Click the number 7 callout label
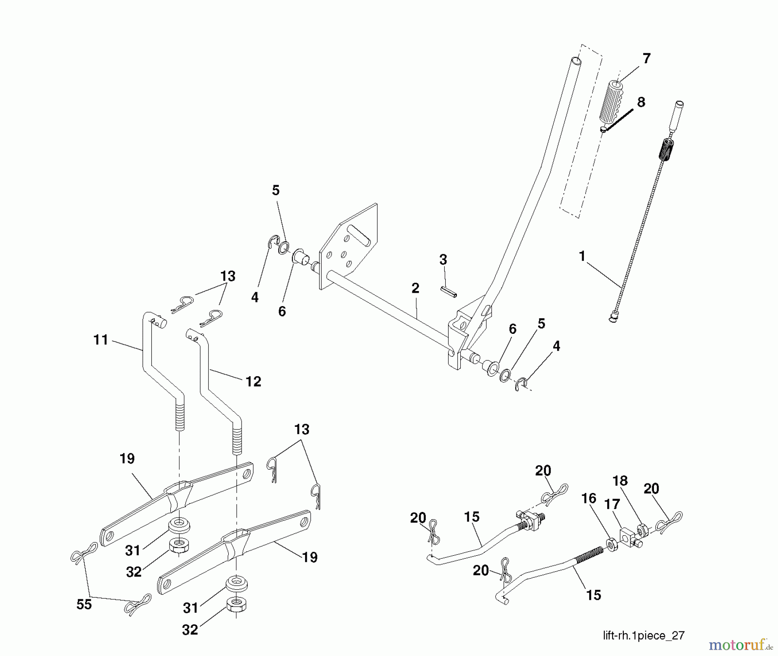[x=646, y=58]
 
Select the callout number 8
[x=641, y=102]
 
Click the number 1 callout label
[x=582, y=256]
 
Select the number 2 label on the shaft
[x=415, y=288]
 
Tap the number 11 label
[x=100, y=340]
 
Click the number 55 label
[x=84, y=604]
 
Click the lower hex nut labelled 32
[x=236, y=604]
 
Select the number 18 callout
[x=620, y=481]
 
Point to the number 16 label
[x=588, y=499]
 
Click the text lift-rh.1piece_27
[x=644, y=635]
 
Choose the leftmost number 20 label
[x=418, y=518]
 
